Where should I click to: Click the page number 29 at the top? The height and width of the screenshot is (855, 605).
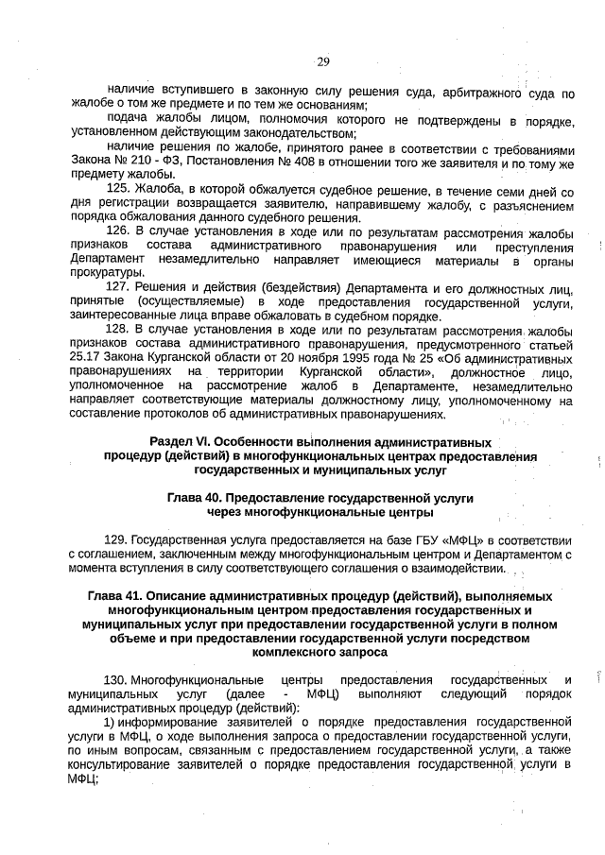tap(321, 61)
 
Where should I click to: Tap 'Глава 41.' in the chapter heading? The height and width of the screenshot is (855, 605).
tap(116, 597)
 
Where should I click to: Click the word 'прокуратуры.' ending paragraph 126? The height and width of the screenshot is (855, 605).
tap(105, 273)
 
